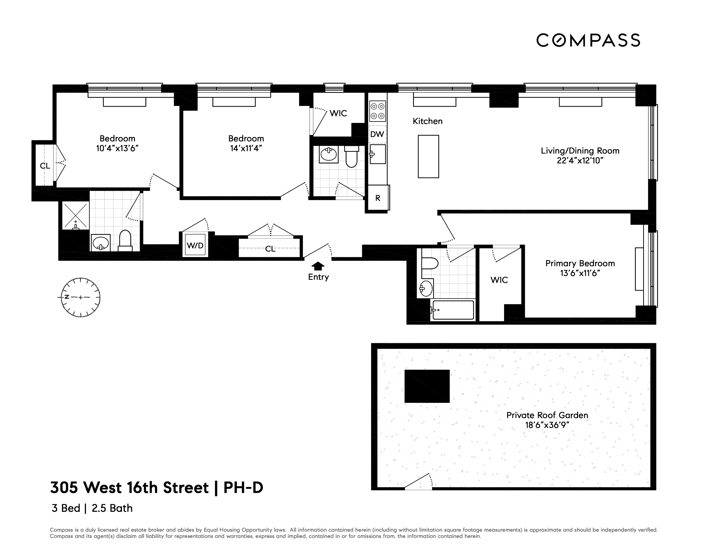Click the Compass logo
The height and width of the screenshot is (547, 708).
point(588,41)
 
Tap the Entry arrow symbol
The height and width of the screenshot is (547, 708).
point(318,266)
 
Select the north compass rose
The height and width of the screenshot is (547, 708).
point(80,297)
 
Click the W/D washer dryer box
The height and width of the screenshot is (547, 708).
point(195,245)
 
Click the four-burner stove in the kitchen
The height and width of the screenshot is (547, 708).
point(377,111)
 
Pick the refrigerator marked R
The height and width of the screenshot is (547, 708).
point(378,198)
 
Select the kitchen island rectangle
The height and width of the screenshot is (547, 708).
point(428,157)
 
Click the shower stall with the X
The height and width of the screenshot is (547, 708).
point(75,215)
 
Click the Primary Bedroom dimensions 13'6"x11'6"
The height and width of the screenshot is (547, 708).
point(580,273)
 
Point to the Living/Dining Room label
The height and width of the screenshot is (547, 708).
point(580,151)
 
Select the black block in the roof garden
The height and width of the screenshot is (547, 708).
point(427,386)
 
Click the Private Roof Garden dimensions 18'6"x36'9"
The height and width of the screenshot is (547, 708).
point(547,425)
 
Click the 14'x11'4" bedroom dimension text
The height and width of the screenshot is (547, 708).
point(246,148)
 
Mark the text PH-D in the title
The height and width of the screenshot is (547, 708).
point(243,488)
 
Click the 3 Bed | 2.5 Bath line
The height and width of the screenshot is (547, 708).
point(92,508)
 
